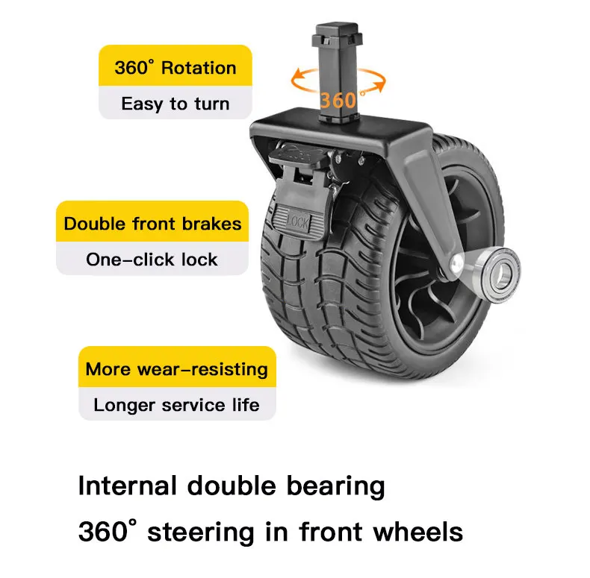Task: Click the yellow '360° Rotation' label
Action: click(175, 68)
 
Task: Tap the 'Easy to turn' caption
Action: click(175, 104)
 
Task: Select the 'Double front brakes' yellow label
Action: click(152, 224)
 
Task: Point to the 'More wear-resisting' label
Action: click(176, 369)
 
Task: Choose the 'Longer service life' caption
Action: click(176, 405)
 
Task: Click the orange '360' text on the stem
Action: click(338, 98)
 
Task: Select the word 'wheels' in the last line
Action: click(418, 533)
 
